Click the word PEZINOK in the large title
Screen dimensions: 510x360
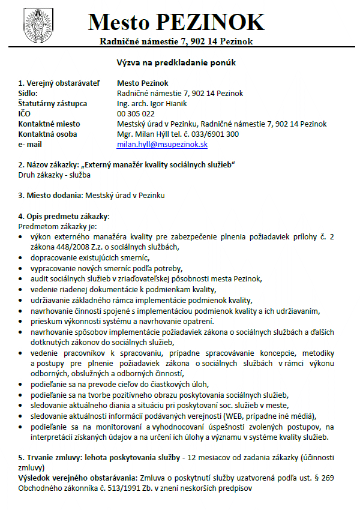point(209,22)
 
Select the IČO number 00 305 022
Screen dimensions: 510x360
point(136,113)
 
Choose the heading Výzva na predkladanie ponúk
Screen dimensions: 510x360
point(180,62)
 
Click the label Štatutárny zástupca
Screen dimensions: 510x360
point(53,103)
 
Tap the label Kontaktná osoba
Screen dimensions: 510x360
point(47,134)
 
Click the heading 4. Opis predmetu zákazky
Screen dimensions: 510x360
point(64,216)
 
